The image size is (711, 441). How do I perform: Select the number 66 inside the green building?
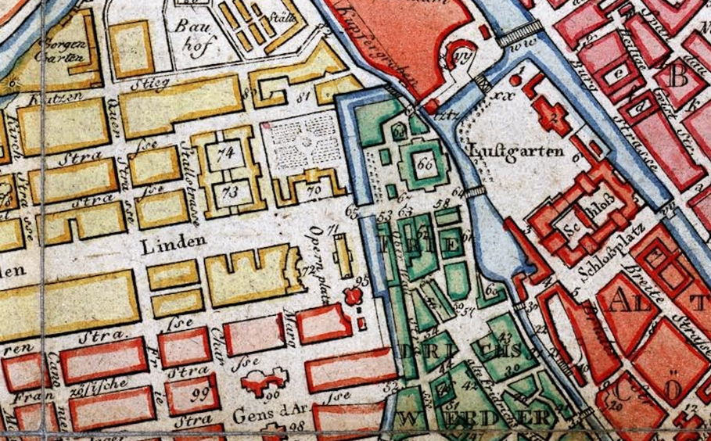point(425,164)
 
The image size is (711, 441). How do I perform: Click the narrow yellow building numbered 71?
point(343,256)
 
